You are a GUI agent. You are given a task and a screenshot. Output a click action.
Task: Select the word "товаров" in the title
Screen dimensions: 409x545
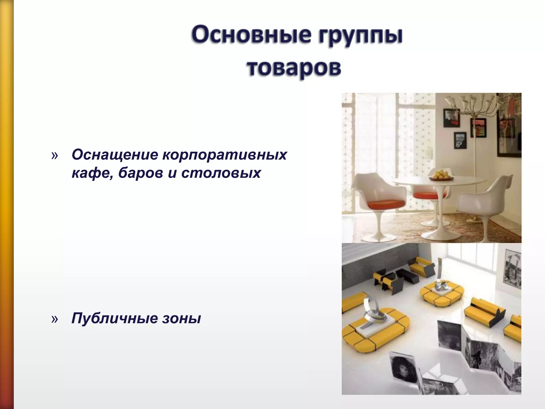(x=294, y=68)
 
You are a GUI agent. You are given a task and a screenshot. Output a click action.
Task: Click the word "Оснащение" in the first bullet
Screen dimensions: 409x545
(x=115, y=155)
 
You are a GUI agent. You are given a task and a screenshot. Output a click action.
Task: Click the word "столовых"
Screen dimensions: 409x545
(x=221, y=173)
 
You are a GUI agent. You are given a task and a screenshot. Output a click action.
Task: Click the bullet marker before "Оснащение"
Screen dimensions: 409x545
(x=54, y=156)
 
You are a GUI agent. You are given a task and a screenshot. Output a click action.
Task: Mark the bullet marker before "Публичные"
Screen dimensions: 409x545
(x=54, y=319)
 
